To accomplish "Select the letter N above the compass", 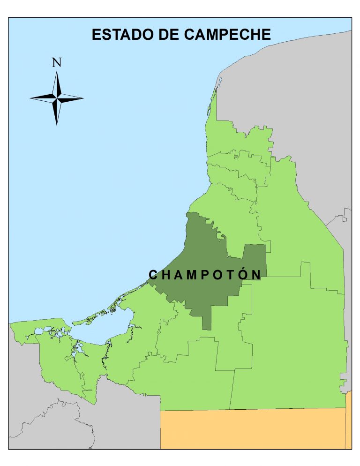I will pos(57,62).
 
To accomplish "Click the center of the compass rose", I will pos(57,98).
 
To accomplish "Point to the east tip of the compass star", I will pos(83,98).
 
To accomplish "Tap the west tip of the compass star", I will pos(30,98).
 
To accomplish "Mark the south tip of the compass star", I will pos(57,124).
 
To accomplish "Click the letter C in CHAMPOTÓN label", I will pos(153,275).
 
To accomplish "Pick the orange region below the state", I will pos(253,429).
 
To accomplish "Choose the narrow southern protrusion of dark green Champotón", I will pos(207,319).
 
